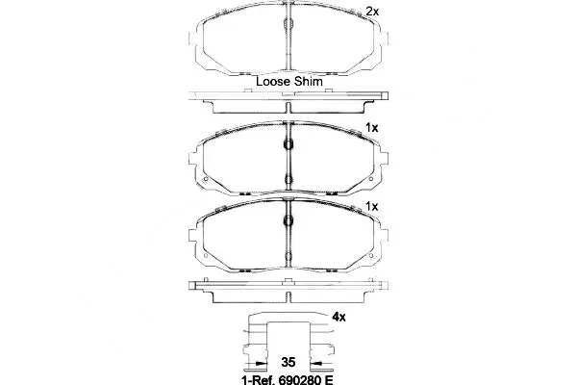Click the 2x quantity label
(x=372, y=12)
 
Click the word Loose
(x=273, y=82)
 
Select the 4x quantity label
(x=339, y=317)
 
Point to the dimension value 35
(x=288, y=362)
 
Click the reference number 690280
(x=299, y=379)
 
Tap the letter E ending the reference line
(x=328, y=379)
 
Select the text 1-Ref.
(x=259, y=379)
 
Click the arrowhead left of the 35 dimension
(x=261, y=363)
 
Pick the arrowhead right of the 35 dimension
(x=316, y=363)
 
